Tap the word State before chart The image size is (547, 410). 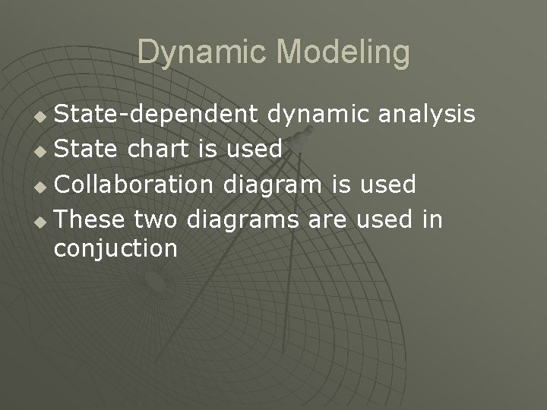coord(84,148)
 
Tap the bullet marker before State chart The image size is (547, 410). coord(42,150)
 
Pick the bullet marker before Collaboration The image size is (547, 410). coord(42,184)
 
